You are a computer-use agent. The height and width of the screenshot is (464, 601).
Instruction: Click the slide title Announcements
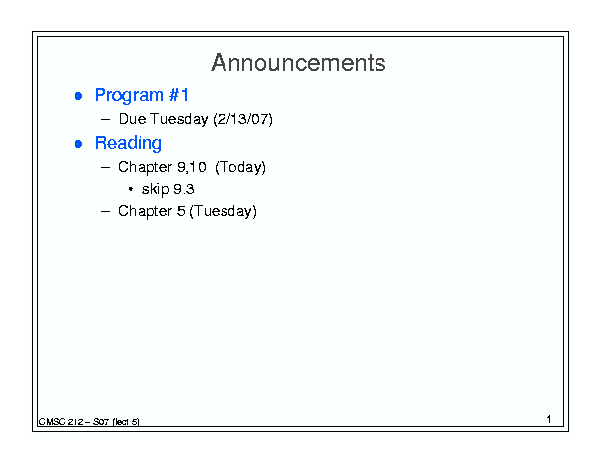click(298, 63)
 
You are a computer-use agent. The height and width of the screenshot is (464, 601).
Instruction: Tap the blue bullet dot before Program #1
click(78, 96)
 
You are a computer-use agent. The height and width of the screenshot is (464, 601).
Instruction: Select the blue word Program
click(129, 95)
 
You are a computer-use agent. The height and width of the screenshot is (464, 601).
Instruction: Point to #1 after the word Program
click(179, 95)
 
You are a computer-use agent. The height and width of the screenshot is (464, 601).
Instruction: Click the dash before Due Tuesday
click(105, 119)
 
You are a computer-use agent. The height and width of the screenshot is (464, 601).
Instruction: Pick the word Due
click(133, 119)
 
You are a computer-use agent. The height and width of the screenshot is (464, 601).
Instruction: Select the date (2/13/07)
click(242, 119)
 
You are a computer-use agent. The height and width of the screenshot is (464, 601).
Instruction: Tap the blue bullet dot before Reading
click(78, 144)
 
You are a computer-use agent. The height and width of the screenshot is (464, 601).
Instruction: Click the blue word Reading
click(128, 143)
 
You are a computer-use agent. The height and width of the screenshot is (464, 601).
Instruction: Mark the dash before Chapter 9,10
click(105, 167)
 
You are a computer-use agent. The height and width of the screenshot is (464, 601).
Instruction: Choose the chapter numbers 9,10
click(192, 167)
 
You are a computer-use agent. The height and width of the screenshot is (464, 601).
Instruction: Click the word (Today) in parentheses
click(240, 167)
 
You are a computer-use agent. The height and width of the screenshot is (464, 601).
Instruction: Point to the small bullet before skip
click(131, 189)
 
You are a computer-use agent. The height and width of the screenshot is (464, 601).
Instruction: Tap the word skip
click(156, 189)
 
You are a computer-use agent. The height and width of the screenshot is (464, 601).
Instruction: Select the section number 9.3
click(184, 189)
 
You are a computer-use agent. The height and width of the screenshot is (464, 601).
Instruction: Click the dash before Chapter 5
click(105, 211)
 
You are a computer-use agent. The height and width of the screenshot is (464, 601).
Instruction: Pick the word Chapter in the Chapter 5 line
click(145, 211)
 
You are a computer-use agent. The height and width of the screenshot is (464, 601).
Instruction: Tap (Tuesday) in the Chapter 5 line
click(224, 211)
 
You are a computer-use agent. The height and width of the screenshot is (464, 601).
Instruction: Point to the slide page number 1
click(549, 419)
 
